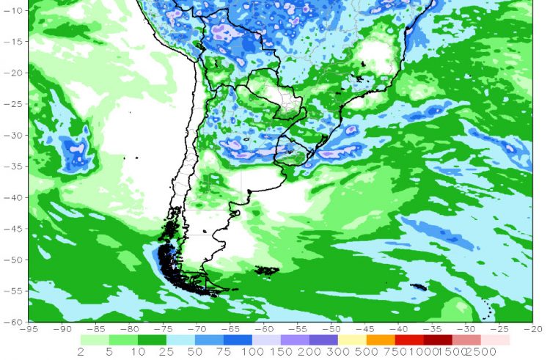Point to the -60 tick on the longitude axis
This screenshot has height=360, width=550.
click(x=264, y=328)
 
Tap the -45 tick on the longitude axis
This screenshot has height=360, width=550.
click(x=364, y=328)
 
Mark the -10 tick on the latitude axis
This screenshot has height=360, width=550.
click(x=18, y=10)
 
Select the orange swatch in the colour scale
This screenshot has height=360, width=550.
click(x=380, y=339)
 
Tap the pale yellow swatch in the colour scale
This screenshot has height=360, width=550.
click(x=351, y=339)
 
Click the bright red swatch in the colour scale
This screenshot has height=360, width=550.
click(x=408, y=339)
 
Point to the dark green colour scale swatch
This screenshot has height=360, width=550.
click(x=151, y=339)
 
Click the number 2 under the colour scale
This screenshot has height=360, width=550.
click(x=79, y=352)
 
